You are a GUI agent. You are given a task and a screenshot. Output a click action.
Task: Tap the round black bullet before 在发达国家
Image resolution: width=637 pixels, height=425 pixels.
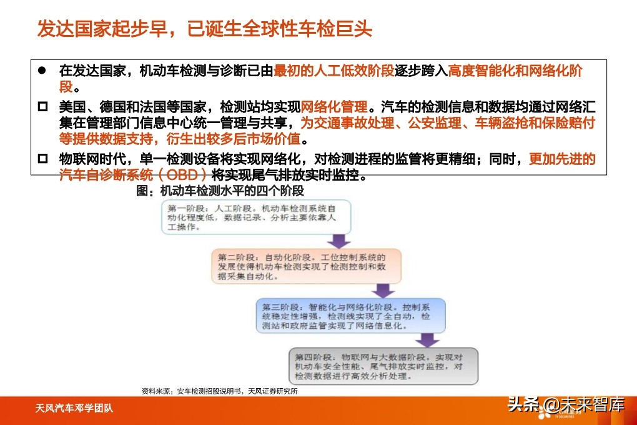[x=42, y=71]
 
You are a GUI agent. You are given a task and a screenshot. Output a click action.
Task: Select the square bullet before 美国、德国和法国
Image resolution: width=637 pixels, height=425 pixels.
[x=42, y=106]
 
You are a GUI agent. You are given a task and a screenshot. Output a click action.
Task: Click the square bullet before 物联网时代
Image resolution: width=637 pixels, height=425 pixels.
[x=42, y=159]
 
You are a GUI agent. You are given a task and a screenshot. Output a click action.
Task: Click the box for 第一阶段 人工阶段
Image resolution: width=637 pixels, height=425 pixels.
[x=255, y=217]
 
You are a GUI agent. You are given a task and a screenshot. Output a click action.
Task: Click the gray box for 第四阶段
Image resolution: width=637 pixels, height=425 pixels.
[x=383, y=366]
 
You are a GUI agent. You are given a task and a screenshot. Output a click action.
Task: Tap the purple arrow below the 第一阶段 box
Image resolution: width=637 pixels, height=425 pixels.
[x=340, y=241]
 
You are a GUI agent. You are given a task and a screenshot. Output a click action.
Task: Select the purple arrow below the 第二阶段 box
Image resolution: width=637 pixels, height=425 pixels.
[x=383, y=291]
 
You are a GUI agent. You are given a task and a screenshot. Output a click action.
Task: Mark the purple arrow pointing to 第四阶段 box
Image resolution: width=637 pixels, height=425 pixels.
[x=428, y=340]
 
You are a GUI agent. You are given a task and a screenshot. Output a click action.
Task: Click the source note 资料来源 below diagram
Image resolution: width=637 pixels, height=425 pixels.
[x=219, y=391]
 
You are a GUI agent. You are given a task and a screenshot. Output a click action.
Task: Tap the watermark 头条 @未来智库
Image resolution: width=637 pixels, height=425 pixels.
[x=565, y=405]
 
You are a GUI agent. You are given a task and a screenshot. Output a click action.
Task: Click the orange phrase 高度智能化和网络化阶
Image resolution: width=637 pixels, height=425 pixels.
[x=515, y=71]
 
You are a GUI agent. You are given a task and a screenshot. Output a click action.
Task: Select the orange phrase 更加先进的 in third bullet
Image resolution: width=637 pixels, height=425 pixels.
[x=562, y=159]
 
